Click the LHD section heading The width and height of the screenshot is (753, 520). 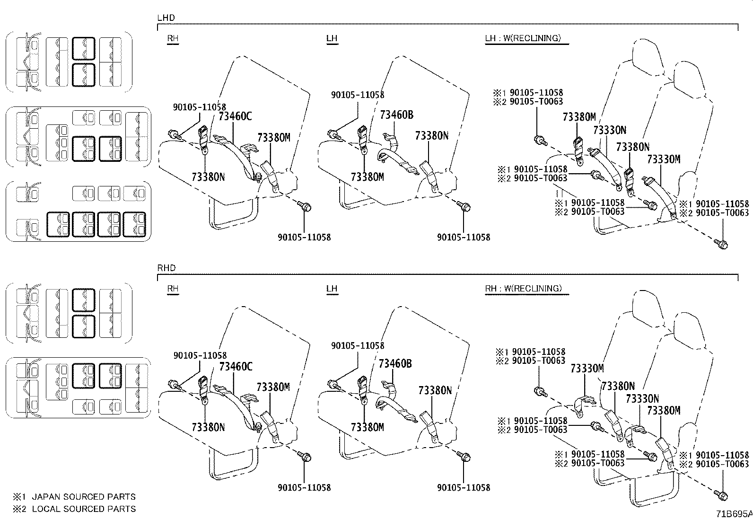pos(166,18)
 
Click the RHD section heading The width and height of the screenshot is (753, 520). pos(166,268)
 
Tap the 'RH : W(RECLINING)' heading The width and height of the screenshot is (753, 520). pos(523,288)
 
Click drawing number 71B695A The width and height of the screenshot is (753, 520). pos(733,513)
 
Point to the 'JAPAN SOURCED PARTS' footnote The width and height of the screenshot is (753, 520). pos(83,497)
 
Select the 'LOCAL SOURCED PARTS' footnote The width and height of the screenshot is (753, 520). pos(83,509)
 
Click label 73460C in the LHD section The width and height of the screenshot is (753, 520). pos(236,116)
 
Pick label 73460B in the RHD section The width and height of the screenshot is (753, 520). pos(395,363)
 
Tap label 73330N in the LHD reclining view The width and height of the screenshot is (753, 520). pos(610,130)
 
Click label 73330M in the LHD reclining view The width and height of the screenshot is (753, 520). pos(664,160)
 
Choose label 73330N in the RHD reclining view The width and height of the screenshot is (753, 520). pos(642,399)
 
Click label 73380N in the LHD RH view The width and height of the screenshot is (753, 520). pos(208,177)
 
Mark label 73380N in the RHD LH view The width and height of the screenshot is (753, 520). pos(435,390)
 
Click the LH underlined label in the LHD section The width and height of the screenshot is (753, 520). pos(332,38)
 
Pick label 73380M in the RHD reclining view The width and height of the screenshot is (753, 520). pos(664,411)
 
